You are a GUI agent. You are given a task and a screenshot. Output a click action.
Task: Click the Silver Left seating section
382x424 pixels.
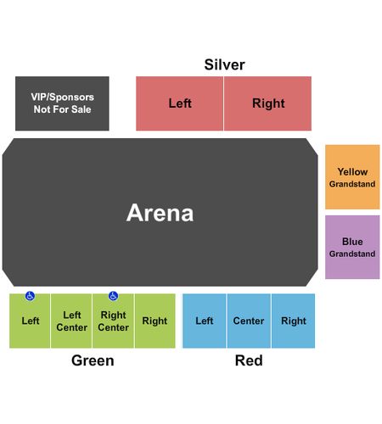click(x=179, y=103)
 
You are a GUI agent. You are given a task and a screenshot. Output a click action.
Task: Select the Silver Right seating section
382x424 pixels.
click(x=267, y=103)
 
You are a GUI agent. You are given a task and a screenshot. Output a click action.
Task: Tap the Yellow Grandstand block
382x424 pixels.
click(x=352, y=177)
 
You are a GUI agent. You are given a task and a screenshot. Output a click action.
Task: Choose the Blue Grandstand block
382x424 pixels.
click(x=352, y=247)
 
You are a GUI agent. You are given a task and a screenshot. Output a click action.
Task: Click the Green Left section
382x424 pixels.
click(x=30, y=321)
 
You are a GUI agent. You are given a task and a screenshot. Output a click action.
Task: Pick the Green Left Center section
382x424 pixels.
click(x=71, y=321)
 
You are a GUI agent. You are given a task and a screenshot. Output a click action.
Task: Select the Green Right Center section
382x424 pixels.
click(x=113, y=321)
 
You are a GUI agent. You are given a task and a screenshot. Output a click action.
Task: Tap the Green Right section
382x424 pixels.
click(x=155, y=321)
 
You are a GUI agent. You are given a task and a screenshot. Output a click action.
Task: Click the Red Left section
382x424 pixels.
click(x=205, y=321)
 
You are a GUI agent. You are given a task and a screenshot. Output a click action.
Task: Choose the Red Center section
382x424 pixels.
click(x=249, y=321)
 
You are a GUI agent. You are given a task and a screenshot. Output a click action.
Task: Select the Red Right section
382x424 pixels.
click(x=293, y=321)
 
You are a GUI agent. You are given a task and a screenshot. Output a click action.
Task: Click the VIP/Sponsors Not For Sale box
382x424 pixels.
click(x=62, y=103)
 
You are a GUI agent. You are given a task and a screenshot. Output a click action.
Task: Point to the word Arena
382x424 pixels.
click(x=160, y=213)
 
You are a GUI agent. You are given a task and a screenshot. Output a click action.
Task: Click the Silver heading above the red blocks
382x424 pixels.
click(x=225, y=64)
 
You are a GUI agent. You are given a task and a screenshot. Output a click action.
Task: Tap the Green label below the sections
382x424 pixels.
click(x=93, y=360)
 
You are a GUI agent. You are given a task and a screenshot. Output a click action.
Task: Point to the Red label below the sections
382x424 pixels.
click(x=249, y=360)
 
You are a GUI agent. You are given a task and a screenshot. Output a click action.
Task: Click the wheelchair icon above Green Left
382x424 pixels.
click(x=30, y=296)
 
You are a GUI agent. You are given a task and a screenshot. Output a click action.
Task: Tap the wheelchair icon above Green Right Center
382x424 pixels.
click(x=113, y=296)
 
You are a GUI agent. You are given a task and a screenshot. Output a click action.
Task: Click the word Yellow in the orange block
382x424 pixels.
click(x=352, y=171)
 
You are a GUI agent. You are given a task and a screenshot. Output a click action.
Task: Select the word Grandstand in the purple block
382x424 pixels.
click(x=352, y=254)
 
